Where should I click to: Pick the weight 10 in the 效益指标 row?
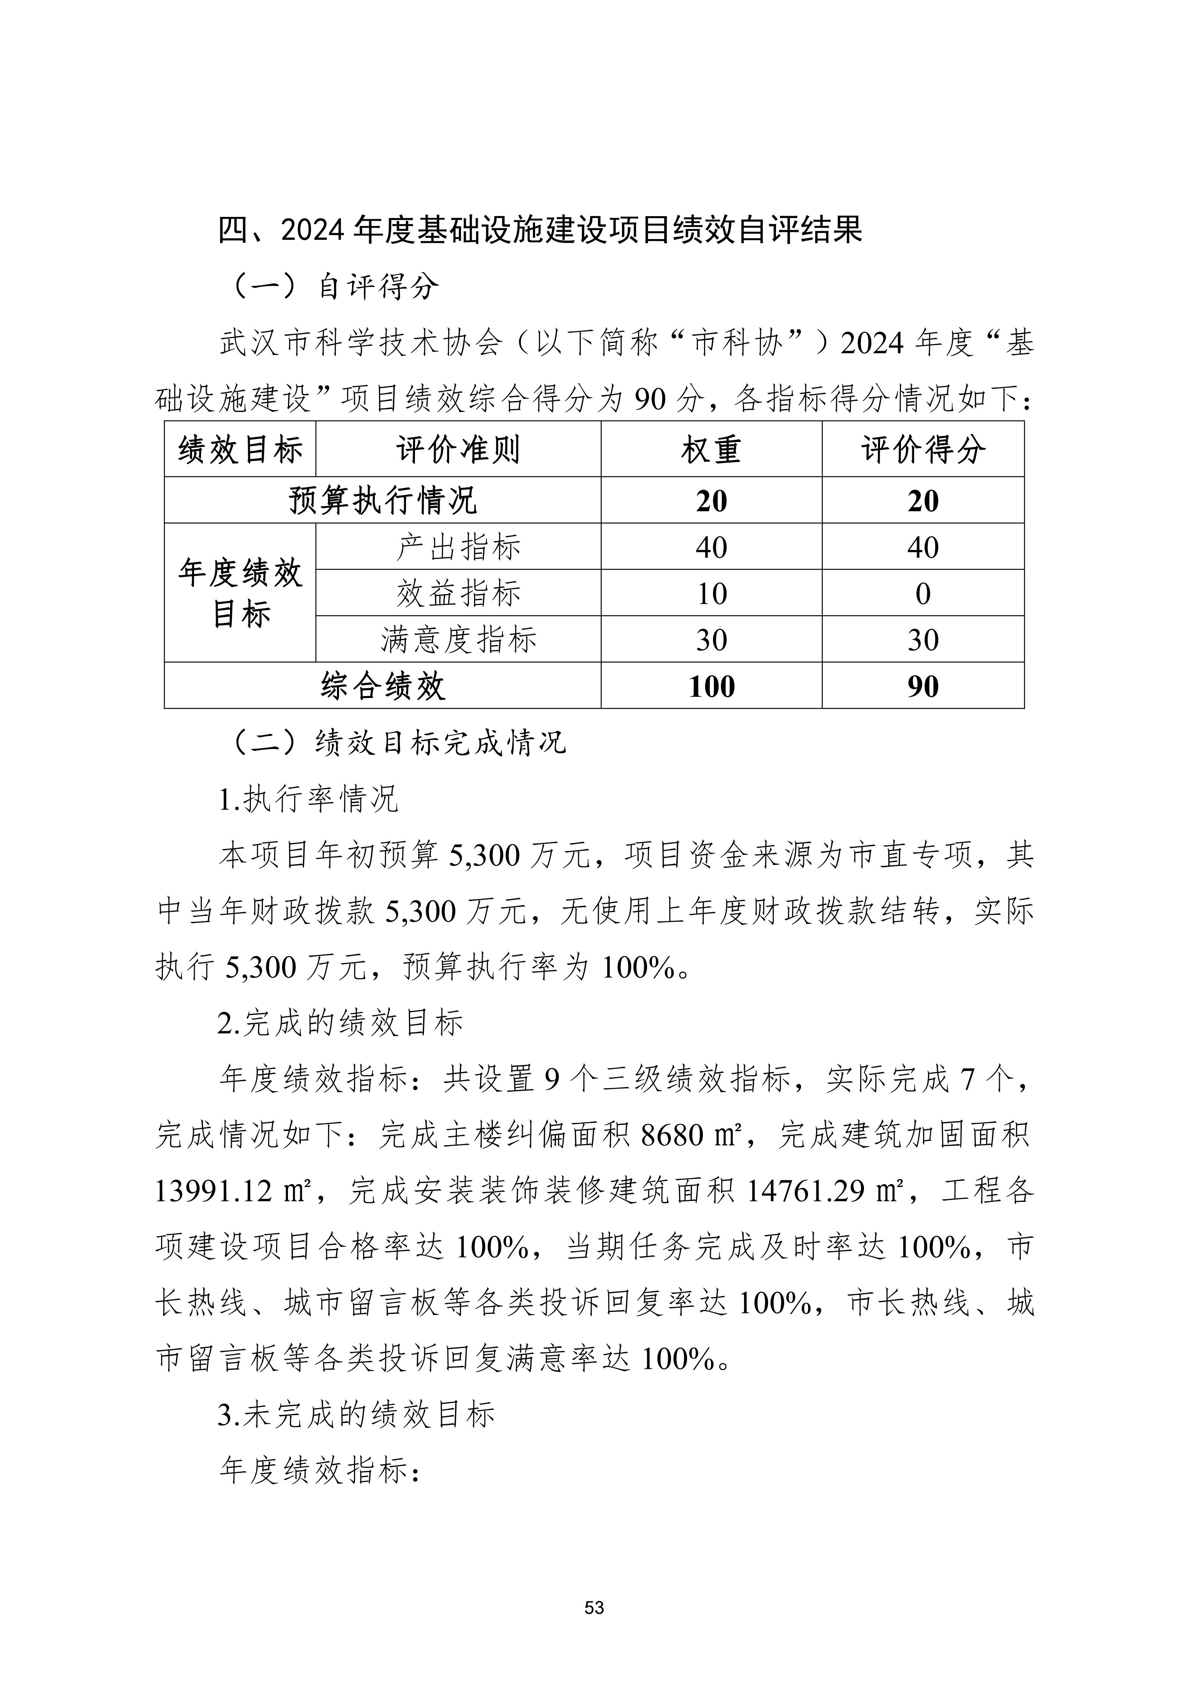pos(711,593)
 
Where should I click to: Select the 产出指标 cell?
pos(458,547)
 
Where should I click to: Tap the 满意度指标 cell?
pos(458,639)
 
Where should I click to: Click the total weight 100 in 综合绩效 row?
pos(711,686)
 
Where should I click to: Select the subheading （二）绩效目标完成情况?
pos(399,743)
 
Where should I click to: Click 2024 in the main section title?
pos(312,230)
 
